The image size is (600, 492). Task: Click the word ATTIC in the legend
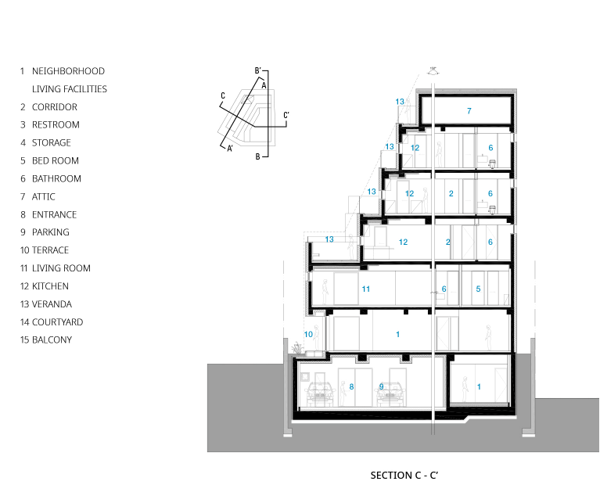pyautogui.click(x=43, y=196)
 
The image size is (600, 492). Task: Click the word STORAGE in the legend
pyautogui.click(x=52, y=142)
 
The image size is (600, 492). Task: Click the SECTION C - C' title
pyautogui.click(x=404, y=475)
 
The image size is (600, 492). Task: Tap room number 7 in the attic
pyautogui.click(x=469, y=111)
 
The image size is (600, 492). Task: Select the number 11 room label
pyautogui.click(x=366, y=289)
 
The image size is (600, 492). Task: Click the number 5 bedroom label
pyautogui.click(x=478, y=289)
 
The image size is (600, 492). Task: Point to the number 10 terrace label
pyautogui.click(x=308, y=334)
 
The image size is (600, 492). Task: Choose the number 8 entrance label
pyautogui.click(x=351, y=386)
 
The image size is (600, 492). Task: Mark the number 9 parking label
pyautogui.click(x=381, y=386)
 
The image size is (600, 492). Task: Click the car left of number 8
pyautogui.click(x=320, y=394)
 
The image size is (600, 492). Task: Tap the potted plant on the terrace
pyautogui.click(x=297, y=348)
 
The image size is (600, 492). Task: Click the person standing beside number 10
pyautogui.click(x=317, y=337)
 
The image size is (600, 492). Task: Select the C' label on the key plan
pyautogui.click(x=286, y=115)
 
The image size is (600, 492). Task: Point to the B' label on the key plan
pyautogui.click(x=258, y=70)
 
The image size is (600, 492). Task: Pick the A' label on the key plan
pyautogui.click(x=230, y=149)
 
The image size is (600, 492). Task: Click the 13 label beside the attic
pyautogui.click(x=400, y=102)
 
